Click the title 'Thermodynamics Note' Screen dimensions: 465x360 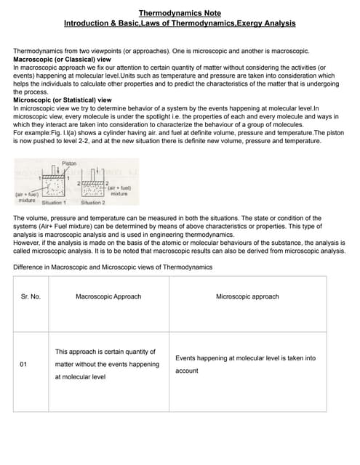point(180,13)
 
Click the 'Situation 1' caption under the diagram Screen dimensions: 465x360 point(52,203)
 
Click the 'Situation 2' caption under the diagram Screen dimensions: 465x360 point(92,203)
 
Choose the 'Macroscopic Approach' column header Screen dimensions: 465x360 point(108,296)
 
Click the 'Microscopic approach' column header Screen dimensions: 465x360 point(247,296)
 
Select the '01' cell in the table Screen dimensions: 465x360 point(24,364)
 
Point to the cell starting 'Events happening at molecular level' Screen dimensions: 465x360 point(246,364)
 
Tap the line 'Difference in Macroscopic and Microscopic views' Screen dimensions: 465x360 point(113,267)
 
